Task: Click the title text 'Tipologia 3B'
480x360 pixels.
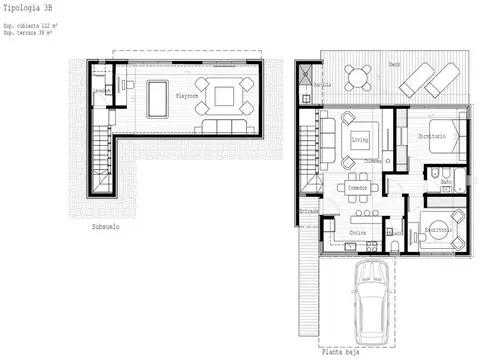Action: pyautogui.click(x=26, y=7)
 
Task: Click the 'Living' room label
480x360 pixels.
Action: pyautogui.click(x=359, y=140)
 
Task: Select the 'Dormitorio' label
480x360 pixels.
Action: pyautogui.click(x=432, y=135)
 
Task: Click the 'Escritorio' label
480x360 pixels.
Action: pyautogui.click(x=438, y=229)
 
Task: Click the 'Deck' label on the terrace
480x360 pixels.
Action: pyautogui.click(x=395, y=62)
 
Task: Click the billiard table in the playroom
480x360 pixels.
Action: pyautogui.click(x=159, y=96)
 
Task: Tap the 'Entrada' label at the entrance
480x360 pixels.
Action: pyautogui.click(x=310, y=213)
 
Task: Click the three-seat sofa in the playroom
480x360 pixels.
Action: pyautogui.click(x=220, y=127)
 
